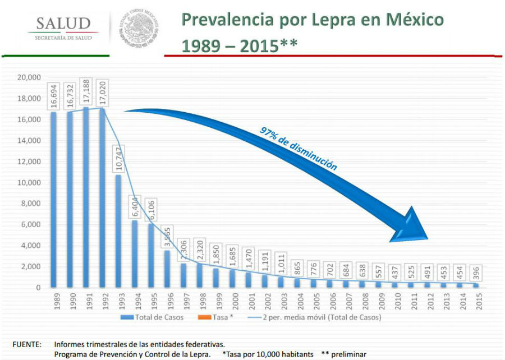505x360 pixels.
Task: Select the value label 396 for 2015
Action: pyautogui.click(x=476, y=269)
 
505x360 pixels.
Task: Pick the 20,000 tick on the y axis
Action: pyautogui.click(x=29, y=77)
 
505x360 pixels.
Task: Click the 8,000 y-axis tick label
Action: pyautogui.click(x=31, y=204)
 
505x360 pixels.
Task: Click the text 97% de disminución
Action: pyautogui.click(x=298, y=147)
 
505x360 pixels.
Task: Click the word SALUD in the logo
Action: pyautogui.click(x=63, y=24)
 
